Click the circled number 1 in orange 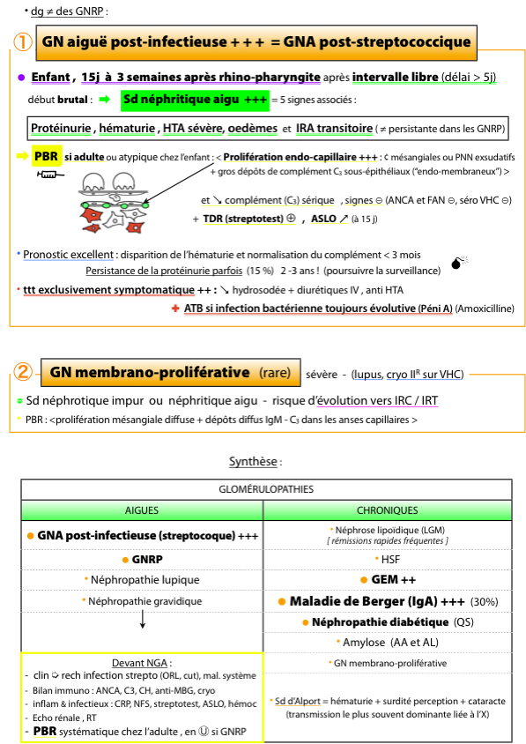[x=22, y=41]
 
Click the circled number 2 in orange [x=22, y=371]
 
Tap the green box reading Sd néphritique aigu [x=195, y=100]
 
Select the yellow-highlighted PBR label [x=46, y=156]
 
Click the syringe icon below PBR [x=50, y=175]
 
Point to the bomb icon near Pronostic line [x=459, y=262]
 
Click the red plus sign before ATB [x=175, y=309]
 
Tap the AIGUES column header [x=142, y=510]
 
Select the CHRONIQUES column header [x=388, y=510]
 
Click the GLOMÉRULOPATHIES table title [x=266, y=489]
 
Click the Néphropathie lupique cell [x=142, y=580]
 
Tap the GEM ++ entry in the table [x=388, y=580]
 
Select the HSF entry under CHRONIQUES [x=388, y=560]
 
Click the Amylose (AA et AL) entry [x=388, y=643]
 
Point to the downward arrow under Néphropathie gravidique [x=142, y=619]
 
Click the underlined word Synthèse [x=253, y=462]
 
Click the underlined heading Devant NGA [x=140, y=663]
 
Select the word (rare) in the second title [x=275, y=373]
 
